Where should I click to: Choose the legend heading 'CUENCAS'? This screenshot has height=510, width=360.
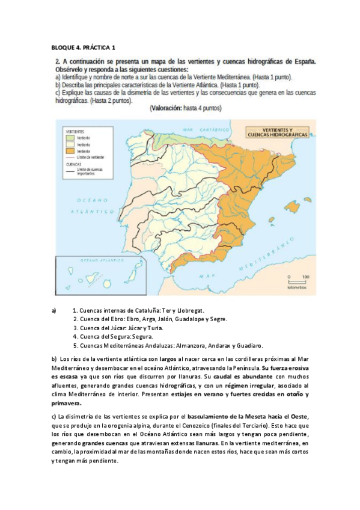[66, 164]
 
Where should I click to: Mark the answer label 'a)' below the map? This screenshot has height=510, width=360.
[54, 310]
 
